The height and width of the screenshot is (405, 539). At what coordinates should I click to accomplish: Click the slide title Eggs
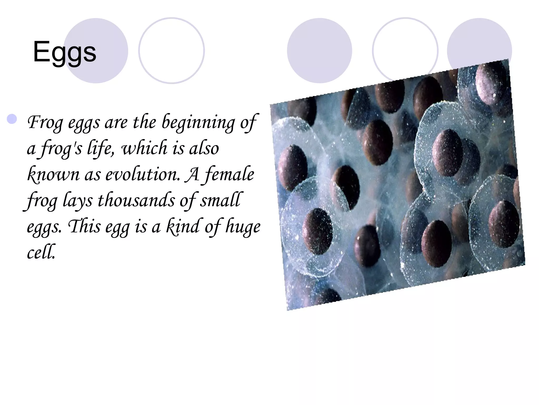coord(65,52)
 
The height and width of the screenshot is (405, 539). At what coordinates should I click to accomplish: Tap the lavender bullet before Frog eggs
coord(12,119)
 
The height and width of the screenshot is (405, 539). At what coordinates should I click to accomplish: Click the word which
coord(144,148)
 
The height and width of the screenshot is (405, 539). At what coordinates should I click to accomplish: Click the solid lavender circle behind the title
coord(96,51)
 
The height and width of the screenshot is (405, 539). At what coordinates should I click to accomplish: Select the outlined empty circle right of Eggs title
coord(171,51)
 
